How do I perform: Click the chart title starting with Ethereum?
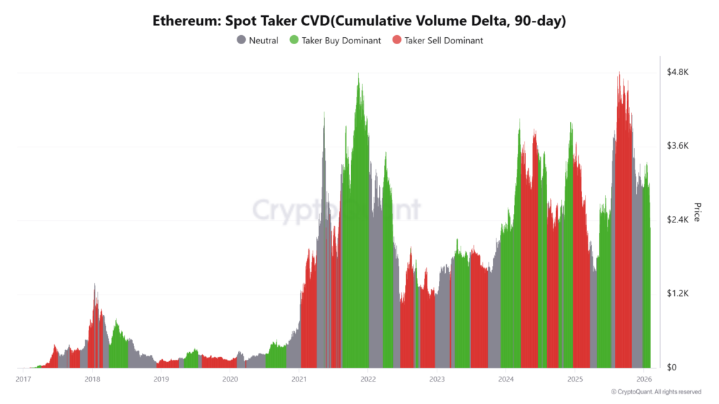359,20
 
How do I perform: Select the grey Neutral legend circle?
242,41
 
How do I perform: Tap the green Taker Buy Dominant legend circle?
294,41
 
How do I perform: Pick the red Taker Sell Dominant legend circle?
397,41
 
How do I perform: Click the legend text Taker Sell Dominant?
444,41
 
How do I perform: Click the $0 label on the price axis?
672,368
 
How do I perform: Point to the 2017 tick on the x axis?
23,379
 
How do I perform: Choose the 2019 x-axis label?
161,379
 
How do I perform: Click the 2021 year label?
299,379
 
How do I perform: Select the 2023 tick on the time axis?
437,379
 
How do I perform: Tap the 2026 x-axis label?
644,379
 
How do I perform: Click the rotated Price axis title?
697,212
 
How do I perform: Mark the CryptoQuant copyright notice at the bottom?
656,391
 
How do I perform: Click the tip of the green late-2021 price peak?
359,74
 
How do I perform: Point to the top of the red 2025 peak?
619,73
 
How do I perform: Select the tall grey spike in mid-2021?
324,114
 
